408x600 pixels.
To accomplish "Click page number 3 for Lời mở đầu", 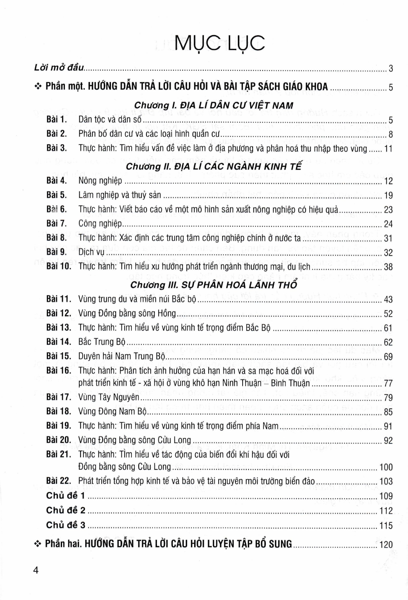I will click(391, 68).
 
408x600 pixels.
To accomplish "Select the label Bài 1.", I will click(56, 119).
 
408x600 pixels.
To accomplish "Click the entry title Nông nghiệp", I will click(100, 181).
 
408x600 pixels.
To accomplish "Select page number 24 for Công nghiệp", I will click(388, 224).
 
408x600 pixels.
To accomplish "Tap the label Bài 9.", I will click(56, 252).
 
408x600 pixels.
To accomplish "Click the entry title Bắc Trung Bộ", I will click(102, 342).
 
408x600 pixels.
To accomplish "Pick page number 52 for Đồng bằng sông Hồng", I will click(388, 314).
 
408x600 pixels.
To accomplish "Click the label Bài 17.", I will click(58, 397).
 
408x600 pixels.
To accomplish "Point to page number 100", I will click(386, 467).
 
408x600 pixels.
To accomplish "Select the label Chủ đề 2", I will click(66, 510).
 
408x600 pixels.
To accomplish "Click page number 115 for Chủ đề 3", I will click(386, 526).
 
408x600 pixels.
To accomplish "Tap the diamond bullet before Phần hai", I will click(38, 544).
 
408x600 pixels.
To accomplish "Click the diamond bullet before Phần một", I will click(38, 86).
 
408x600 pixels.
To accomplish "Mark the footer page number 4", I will click(36, 571).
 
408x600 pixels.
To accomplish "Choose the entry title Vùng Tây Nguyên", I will click(109, 397).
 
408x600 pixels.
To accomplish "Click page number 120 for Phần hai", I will click(386, 544).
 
